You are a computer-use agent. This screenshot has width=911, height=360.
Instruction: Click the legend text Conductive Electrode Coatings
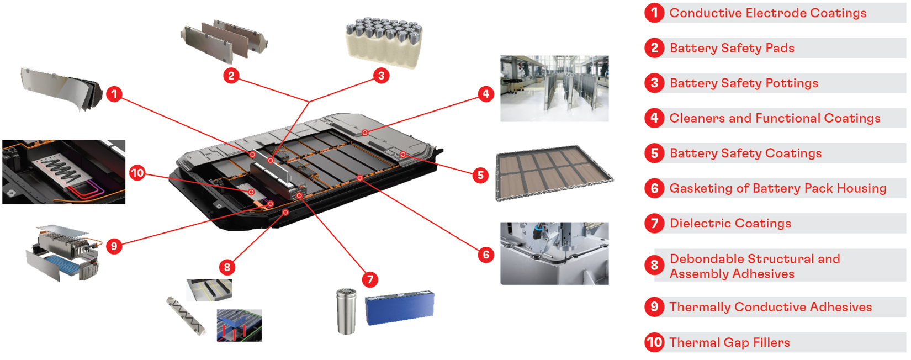tap(767, 13)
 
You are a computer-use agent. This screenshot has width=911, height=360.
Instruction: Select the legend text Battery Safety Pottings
tap(744, 83)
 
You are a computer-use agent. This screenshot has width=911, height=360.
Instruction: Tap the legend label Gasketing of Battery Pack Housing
tap(777, 188)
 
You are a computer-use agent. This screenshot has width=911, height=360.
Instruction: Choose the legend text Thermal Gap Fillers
tap(729, 342)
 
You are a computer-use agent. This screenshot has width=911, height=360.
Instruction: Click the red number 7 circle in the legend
tap(654, 223)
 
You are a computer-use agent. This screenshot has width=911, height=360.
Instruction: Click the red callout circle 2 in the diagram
tap(231, 76)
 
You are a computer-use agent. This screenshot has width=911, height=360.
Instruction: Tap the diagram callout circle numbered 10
tap(137, 173)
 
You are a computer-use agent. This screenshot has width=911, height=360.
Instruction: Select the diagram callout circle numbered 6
tap(486, 255)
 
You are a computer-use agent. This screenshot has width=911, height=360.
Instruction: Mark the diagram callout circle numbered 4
tap(486, 94)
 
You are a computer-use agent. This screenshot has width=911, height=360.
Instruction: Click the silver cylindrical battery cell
tap(346, 311)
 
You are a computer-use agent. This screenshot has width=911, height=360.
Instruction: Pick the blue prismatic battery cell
tap(399, 307)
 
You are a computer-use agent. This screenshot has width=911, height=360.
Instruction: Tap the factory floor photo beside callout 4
tap(554, 88)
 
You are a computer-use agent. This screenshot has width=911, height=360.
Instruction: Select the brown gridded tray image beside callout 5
tap(554, 173)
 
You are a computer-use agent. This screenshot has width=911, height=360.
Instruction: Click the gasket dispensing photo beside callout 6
tap(554, 253)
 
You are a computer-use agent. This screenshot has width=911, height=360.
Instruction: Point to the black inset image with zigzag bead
tap(63, 172)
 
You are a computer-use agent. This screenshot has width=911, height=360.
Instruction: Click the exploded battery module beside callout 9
tap(62, 252)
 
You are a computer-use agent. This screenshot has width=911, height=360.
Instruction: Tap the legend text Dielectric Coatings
tap(730, 224)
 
